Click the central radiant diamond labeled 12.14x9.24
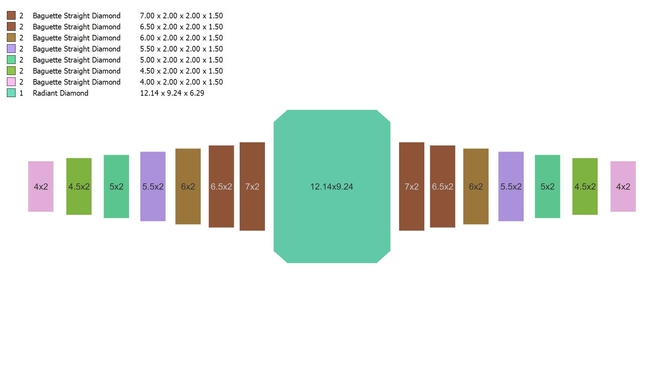332,186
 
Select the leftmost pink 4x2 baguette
41,186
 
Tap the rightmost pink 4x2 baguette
623,186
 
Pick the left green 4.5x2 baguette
79,186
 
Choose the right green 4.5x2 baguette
585,186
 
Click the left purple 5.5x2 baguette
153,186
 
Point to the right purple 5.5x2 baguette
511,186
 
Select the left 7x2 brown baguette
252,186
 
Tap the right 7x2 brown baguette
412,186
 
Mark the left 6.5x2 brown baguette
221,186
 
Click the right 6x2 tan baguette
476,186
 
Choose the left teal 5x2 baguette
116,186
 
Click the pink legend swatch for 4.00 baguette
11,82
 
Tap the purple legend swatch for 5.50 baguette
11,49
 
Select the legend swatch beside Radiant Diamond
11,93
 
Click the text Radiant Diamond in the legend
61,93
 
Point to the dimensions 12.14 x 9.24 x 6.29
172,93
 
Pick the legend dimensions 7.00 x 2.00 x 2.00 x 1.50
182,16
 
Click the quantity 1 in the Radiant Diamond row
21,93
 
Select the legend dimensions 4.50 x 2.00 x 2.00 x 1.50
182,71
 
